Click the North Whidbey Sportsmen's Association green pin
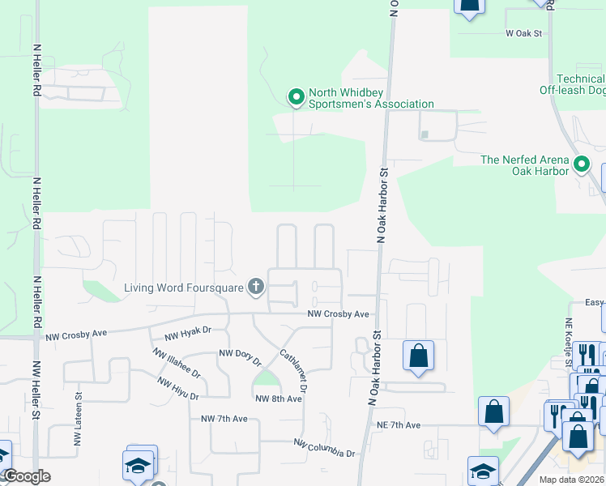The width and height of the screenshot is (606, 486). [297, 97]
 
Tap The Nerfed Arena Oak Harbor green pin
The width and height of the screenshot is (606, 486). [582, 165]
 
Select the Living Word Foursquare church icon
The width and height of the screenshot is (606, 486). [256, 286]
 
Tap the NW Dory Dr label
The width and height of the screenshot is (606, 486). [240, 356]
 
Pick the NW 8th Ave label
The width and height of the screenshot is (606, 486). [273, 399]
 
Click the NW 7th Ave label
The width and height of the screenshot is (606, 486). [224, 419]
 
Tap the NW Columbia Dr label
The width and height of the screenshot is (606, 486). [325, 449]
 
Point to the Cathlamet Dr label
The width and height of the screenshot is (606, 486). [292, 371]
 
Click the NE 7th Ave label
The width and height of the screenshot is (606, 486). [398, 424]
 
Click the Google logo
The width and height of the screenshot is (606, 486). [26, 476]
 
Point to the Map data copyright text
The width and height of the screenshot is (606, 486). [570, 480]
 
